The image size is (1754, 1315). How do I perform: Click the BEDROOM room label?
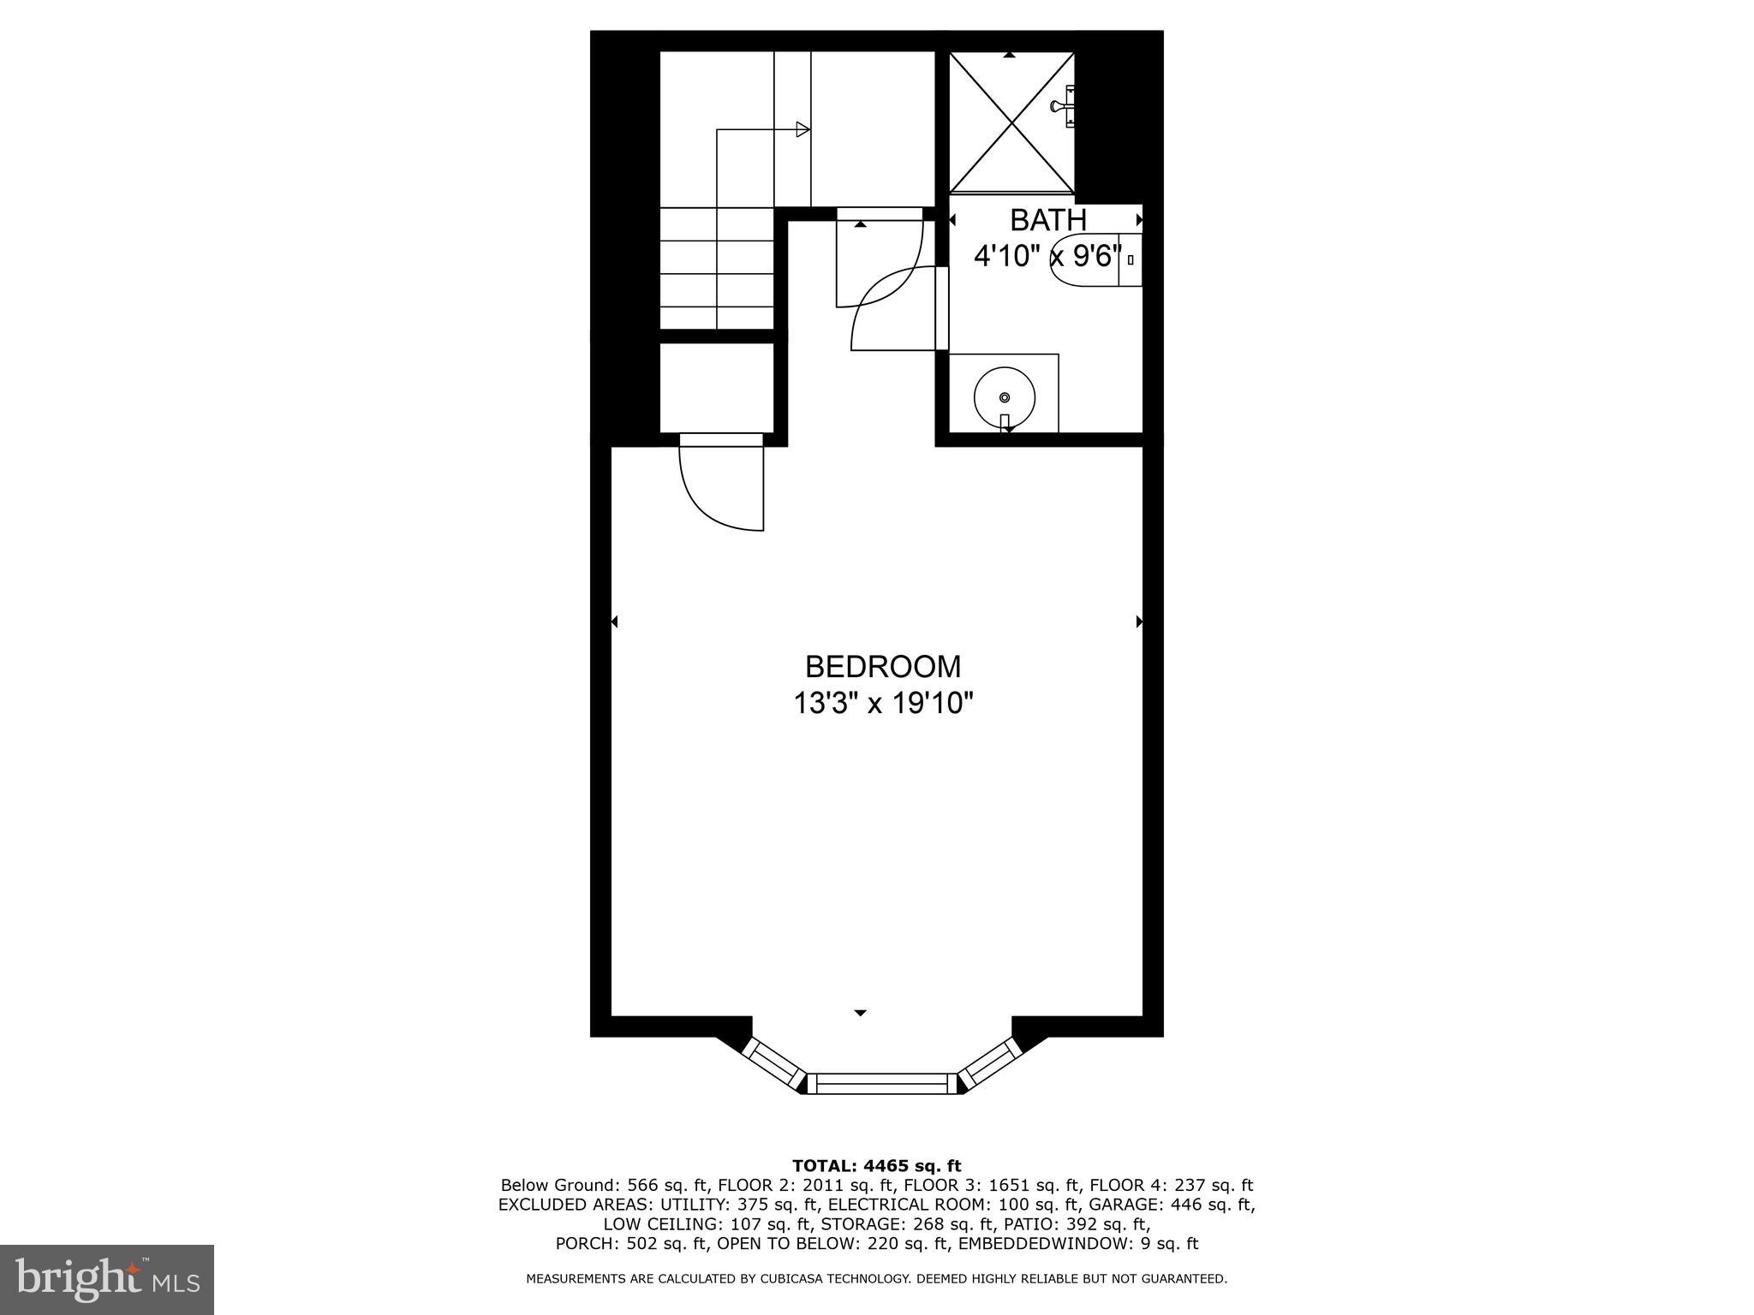tap(882, 666)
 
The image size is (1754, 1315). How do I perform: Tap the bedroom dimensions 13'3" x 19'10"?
tap(882, 704)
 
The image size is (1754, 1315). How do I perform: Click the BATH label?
tap(1047, 220)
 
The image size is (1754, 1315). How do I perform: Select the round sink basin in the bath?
tap(1005, 397)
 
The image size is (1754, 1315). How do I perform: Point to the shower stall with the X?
tap(1011, 122)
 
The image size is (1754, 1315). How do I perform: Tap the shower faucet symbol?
tap(1062, 106)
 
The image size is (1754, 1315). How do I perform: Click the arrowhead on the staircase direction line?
tap(802, 129)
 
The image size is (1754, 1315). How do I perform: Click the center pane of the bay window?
tap(882, 1084)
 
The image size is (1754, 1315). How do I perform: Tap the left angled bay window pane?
tap(773, 1062)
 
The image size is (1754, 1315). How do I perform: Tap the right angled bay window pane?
tap(990, 1062)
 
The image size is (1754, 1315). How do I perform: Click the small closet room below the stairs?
tap(717, 388)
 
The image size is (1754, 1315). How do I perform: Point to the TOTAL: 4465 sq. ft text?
tap(876, 1165)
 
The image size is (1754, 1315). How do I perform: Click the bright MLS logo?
tap(107, 1279)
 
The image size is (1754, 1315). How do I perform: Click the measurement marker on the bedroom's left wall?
tap(614, 622)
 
